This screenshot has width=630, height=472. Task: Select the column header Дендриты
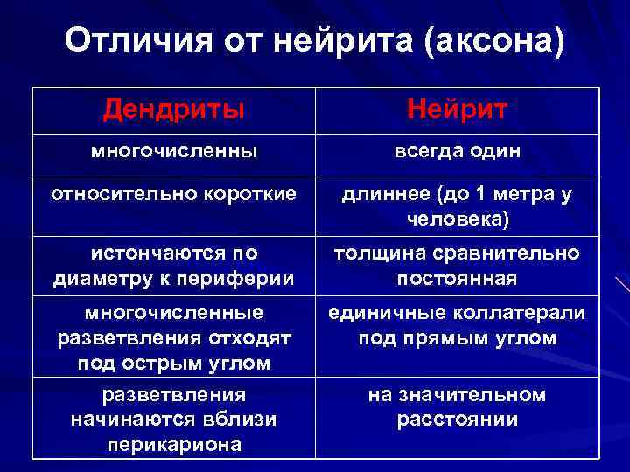click(173, 110)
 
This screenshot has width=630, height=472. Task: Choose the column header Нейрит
click(457, 110)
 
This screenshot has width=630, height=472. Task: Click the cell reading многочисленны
click(174, 151)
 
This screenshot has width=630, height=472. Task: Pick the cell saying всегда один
click(457, 151)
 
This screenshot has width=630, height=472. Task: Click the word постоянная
click(457, 278)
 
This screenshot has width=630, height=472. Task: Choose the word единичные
click(382, 312)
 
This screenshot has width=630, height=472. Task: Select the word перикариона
click(173, 444)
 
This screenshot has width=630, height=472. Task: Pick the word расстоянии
click(457, 420)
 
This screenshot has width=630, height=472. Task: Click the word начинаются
click(124, 420)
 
